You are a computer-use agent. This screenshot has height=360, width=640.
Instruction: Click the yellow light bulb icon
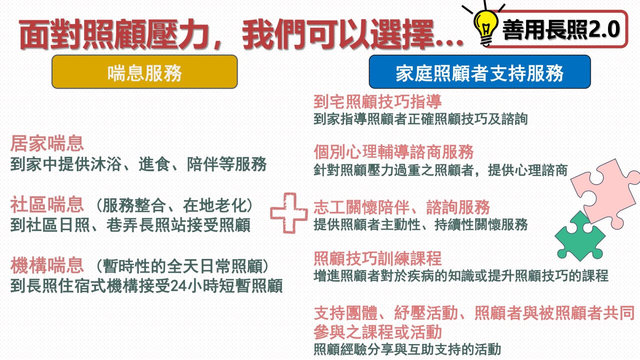point(486,27)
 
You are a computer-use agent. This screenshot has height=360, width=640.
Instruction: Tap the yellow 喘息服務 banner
point(144,72)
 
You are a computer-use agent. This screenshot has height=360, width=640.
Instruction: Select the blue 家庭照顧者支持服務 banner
point(480,72)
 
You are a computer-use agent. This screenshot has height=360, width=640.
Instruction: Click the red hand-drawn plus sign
point(289,213)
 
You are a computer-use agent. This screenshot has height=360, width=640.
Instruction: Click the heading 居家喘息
point(47,144)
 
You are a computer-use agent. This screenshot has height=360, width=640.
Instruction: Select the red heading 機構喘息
point(47,266)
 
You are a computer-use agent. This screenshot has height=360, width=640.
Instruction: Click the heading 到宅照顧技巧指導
point(378,102)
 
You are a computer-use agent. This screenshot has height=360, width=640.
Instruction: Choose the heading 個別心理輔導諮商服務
point(394,152)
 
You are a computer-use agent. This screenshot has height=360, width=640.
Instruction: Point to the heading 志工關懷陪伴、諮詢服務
point(402,207)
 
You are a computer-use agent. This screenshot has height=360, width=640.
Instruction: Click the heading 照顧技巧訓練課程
point(378,258)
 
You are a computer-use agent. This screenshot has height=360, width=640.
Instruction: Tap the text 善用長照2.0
point(561,30)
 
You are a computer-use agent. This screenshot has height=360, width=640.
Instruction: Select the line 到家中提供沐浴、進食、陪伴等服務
point(138,164)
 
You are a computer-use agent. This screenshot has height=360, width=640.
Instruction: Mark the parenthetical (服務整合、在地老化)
point(174,205)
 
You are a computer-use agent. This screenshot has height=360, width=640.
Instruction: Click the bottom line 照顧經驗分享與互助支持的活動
point(407,349)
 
